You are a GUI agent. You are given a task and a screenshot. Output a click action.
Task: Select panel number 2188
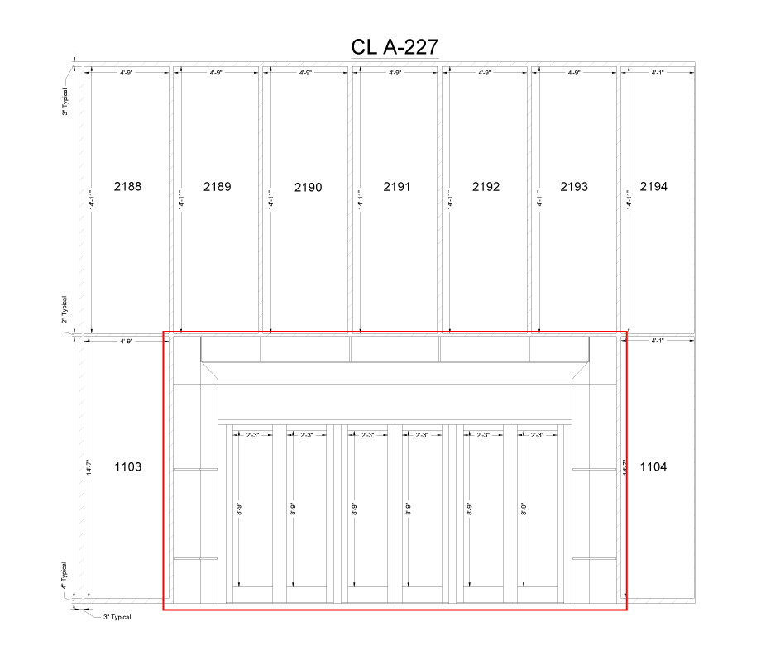tap(127, 187)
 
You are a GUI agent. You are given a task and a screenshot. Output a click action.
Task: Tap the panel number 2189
tap(217, 187)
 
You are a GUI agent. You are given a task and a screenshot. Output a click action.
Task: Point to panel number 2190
tap(307, 188)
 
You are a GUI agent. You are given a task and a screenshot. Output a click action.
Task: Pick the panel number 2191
tap(396, 187)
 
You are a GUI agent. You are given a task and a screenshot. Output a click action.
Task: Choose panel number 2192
tap(486, 187)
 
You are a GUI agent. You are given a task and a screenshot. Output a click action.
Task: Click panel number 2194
tap(653, 187)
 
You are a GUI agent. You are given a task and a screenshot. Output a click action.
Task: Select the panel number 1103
tap(127, 467)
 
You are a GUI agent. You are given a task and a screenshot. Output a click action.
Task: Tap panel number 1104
tap(653, 467)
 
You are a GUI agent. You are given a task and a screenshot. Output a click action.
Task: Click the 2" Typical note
tap(65, 311)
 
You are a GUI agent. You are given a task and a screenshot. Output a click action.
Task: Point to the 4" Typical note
tap(65, 578)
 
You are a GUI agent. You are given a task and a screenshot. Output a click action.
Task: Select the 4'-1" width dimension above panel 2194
tap(658, 74)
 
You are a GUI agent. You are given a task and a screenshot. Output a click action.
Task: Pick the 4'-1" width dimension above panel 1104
tap(658, 340)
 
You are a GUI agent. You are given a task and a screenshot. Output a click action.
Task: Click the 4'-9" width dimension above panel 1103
tap(127, 340)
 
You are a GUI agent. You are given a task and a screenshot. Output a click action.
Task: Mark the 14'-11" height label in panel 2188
tap(90, 200)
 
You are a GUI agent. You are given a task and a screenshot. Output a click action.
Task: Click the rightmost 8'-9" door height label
tap(524, 509)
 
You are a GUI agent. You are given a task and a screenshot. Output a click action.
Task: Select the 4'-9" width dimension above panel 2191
tap(395, 74)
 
